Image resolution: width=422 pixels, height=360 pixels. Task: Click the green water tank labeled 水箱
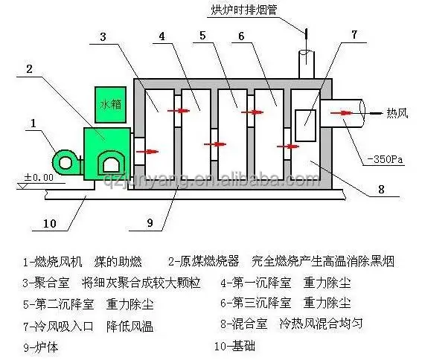[110, 105]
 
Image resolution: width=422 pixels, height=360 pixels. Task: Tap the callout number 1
[33, 123]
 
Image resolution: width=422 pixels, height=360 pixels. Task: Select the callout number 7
[354, 35]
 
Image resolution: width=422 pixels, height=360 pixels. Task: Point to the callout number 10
[50, 223]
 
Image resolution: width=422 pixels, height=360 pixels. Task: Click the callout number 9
[150, 223]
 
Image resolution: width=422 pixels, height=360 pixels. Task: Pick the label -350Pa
[385, 159]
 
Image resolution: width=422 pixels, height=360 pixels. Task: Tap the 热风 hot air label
[397, 113]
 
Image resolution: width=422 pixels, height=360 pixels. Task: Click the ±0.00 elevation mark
[39, 177]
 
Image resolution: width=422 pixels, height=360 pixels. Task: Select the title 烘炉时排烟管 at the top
[244, 10]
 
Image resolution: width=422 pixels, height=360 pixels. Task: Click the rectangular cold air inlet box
[305, 126]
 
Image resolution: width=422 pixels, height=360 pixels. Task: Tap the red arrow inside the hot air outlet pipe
[342, 113]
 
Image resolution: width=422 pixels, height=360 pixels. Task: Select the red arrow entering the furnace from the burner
[147, 152]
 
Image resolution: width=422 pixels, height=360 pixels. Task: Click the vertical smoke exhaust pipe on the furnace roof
[307, 64]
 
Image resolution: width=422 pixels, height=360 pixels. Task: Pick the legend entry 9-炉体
[41, 347]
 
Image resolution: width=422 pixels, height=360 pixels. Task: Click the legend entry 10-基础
[234, 346]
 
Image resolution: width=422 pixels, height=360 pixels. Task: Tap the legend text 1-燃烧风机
[53, 262]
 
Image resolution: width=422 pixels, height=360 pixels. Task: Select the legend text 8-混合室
[244, 324]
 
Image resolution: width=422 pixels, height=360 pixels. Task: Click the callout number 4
[162, 36]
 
